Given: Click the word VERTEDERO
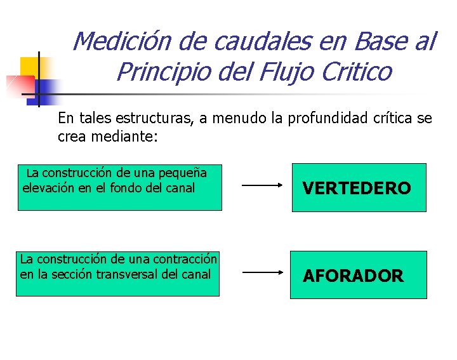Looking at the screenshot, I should coord(357,188).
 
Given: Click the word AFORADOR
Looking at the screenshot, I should coord(353,276).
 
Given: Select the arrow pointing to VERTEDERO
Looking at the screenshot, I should coord(263,186).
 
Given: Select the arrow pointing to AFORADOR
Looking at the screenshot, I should coord(263,272).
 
